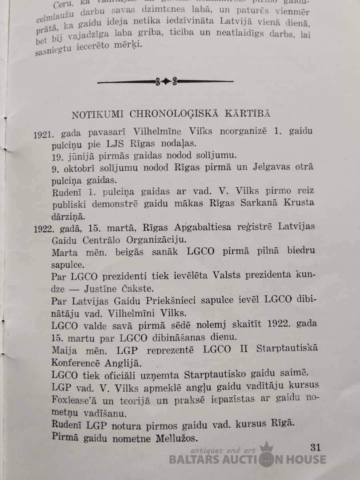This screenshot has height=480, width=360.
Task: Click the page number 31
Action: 315,447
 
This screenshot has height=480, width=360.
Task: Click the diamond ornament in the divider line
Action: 166,82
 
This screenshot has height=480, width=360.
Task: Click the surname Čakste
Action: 146,289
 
